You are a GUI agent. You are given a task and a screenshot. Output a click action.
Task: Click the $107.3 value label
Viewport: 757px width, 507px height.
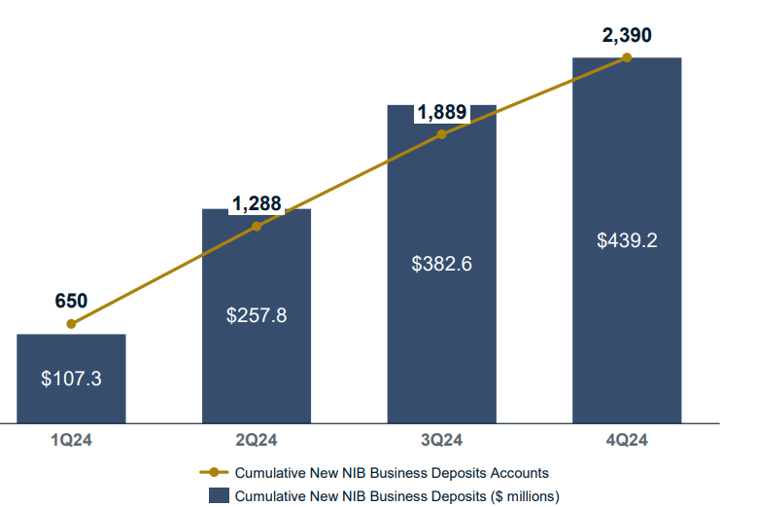[71, 379]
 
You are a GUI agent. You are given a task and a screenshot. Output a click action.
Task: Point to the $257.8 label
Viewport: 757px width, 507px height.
[257, 315]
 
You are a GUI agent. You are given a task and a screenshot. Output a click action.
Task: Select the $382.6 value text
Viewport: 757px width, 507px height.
[442, 264]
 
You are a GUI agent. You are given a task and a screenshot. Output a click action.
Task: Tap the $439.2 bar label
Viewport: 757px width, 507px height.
[627, 239]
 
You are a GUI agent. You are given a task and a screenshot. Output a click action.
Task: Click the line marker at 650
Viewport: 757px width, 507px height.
[71, 324]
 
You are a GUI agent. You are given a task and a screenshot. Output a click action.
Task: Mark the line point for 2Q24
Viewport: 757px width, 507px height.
[257, 227]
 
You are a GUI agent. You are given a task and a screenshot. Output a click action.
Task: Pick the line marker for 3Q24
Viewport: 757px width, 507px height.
[442, 134]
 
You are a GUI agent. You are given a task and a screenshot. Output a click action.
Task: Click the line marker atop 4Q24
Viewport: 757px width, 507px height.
[627, 57]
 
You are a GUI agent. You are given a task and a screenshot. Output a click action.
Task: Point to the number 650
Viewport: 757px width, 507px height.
[71, 301]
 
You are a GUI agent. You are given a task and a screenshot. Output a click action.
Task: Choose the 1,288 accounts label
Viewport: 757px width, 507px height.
[257, 204]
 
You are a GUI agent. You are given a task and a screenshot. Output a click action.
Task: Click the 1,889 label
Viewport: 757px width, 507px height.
[442, 113]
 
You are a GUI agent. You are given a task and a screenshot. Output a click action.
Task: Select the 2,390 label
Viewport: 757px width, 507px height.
[627, 35]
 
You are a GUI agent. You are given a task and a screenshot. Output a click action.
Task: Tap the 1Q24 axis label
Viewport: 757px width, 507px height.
[71, 440]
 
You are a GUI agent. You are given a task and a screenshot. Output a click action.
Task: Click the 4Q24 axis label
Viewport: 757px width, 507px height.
[627, 440]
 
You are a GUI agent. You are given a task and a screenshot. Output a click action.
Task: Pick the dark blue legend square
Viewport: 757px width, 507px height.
[220, 496]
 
